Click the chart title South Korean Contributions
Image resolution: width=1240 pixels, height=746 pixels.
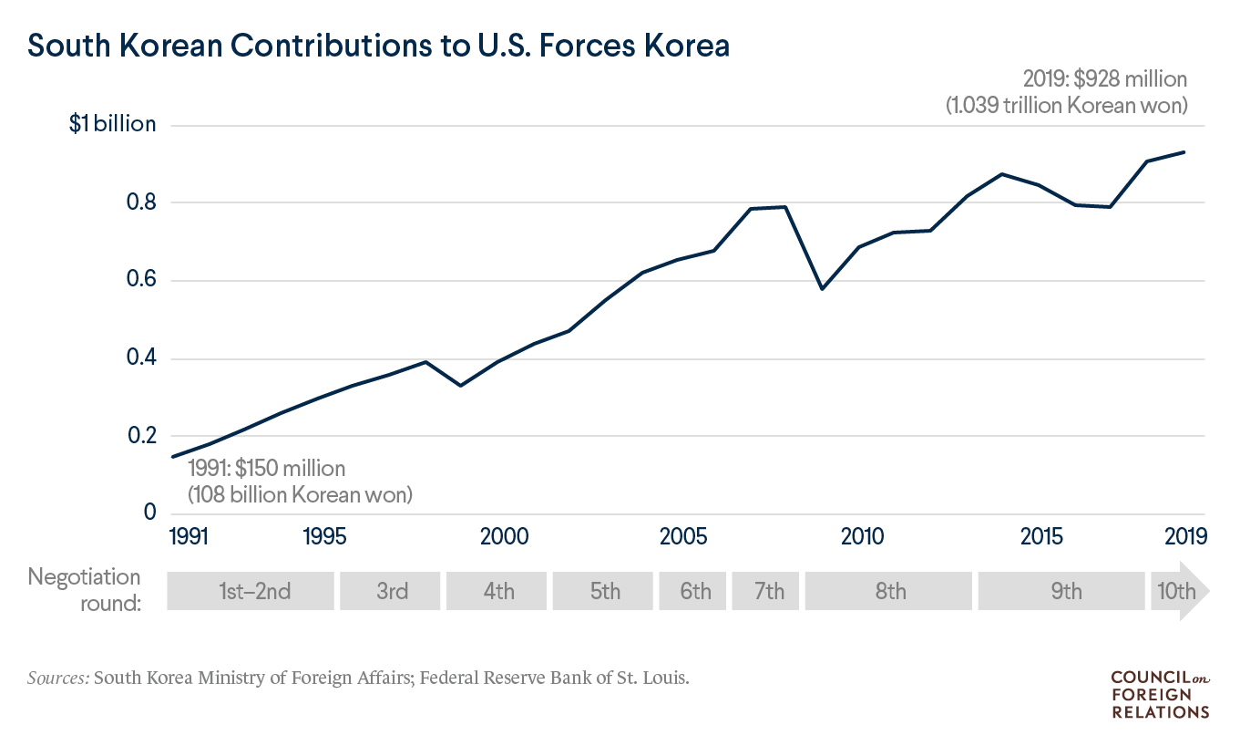click(379, 45)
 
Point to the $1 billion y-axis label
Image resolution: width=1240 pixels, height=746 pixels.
click(112, 125)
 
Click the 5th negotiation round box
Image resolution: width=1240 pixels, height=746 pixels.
click(604, 591)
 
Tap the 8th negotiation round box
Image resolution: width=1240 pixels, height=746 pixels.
click(889, 591)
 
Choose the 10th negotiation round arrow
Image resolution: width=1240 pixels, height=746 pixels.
click(1177, 591)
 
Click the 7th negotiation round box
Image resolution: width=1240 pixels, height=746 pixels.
click(768, 591)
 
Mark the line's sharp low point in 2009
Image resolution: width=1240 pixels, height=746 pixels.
click(823, 289)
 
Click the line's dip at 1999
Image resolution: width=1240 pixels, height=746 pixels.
click(461, 386)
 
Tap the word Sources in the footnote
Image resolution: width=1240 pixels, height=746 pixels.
click(58, 679)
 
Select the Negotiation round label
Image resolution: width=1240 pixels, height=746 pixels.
click(85, 590)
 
